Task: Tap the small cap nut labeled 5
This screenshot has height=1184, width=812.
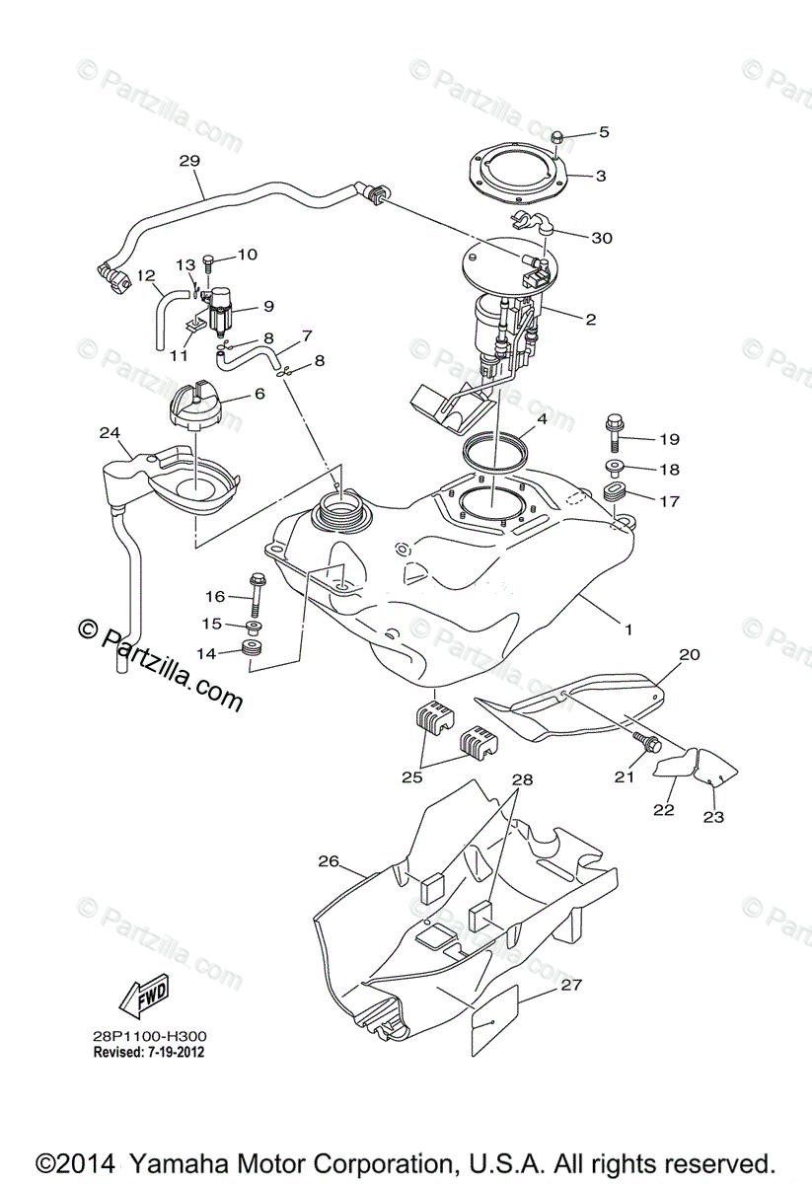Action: point(557,136)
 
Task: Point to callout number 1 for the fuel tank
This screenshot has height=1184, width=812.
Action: point(627,628)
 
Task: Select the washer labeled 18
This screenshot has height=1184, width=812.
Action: point(614,468)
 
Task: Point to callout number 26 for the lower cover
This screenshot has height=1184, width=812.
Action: point(329,861)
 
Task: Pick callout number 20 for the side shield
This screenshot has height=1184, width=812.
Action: point(689,653)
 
